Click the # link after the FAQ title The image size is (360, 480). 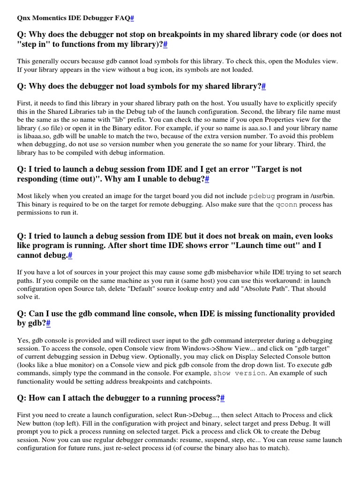pyautogui.click(x=132, y=18)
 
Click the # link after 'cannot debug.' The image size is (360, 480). pyautogui.click(x=70, y=255)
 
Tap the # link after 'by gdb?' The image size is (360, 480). pyautogui.click(x=48, y=323)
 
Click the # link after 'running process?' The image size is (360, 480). pyautogui.click(x=223, y=398)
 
